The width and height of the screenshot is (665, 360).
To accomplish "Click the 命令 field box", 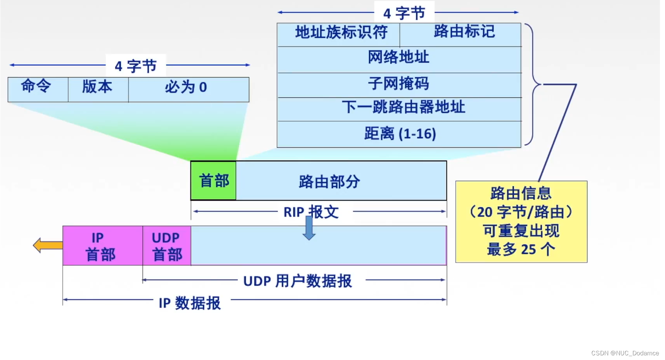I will coord(38,90).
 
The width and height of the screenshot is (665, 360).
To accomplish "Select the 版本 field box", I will coord(98,90).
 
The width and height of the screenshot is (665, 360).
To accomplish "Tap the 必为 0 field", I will coord(189,90).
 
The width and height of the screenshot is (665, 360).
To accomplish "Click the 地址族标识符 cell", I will coord(338,34).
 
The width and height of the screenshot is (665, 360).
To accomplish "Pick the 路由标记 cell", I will coord(461,34).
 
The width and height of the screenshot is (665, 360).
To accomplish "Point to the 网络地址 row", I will coord(399,59).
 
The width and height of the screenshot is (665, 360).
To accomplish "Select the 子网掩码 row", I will coord(399,85).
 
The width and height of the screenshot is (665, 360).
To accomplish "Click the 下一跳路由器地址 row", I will coord(399,109).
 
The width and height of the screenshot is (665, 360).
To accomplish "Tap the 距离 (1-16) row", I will coord(399,134).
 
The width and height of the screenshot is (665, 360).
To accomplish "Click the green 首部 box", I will coord(213,181).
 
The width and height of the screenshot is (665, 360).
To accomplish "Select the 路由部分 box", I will coord(341,181).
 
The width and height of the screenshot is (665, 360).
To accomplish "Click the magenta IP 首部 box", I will coord(102,245).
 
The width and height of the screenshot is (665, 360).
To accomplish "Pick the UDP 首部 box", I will coord(167,245).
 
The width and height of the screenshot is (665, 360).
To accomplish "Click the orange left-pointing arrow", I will coord(48,245).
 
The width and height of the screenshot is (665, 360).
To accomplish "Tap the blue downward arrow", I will coord(309,228).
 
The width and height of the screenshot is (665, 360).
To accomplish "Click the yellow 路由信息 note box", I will coord(521,221).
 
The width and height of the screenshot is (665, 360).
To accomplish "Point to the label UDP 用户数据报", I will coord(298,281).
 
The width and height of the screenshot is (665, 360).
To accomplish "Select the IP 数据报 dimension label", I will coord(190,303).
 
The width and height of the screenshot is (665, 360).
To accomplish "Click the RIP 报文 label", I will coord(311,212).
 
